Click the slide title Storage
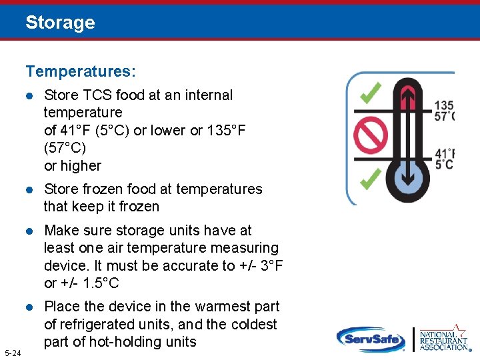(60, 23)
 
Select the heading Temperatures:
(81, 70)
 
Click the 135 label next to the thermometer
(444, 105)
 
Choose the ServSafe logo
(370, 339)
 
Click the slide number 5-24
(13, 352)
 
